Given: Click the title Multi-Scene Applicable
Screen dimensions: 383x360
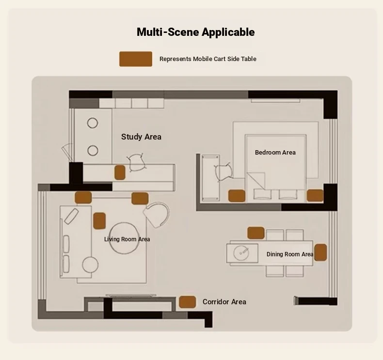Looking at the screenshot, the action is click(196, 32).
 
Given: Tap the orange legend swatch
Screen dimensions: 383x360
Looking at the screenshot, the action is click(136, 59).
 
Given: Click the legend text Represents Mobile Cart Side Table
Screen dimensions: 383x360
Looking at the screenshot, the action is click(208, 59).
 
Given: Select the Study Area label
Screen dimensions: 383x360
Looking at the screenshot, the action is click(141, 137).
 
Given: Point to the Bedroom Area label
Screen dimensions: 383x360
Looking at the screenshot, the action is click(275, 153).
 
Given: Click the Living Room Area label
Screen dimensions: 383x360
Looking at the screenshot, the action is click(127, 239).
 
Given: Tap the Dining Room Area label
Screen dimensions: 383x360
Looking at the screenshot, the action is click(290, 254).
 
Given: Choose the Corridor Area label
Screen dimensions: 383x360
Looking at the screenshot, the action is click(224, 302).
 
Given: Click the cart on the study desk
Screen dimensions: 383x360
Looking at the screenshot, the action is click(120, 172).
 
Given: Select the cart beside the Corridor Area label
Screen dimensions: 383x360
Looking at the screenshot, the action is click(187, 302).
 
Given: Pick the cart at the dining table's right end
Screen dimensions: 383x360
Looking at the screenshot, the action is click(320, 252).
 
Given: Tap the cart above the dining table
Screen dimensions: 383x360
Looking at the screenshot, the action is click(256, 233).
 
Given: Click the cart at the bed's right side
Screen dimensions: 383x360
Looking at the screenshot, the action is click(315, 195).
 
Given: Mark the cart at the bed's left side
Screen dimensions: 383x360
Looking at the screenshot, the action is click(237, 196).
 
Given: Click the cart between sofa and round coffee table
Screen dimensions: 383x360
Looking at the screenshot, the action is click(99, 221).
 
